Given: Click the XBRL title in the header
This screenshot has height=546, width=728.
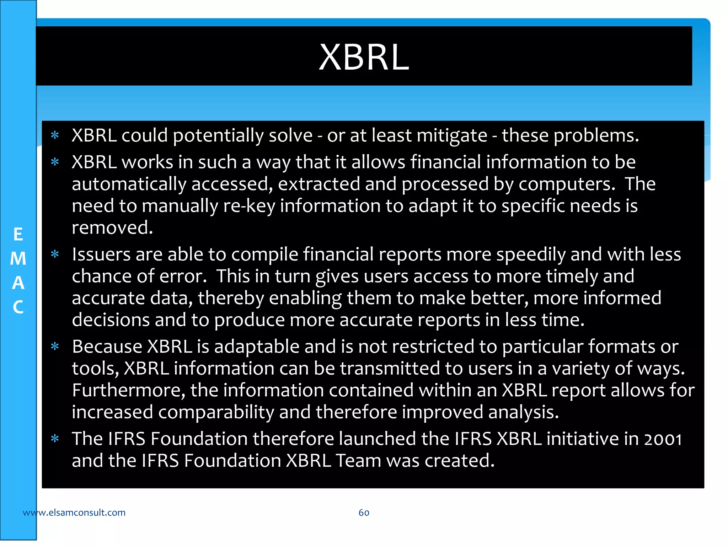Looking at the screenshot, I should (x=364, y=57).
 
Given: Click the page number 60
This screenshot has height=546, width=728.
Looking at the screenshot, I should (x=364, y=513).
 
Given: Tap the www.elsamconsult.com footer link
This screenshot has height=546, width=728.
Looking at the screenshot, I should (x=74, y=513).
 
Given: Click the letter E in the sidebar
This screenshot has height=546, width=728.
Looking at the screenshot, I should (x=18, y=235).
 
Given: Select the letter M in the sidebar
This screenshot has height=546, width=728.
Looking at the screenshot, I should (x=18, y=258).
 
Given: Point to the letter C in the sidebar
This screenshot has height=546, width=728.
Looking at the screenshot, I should (x=18, y=307).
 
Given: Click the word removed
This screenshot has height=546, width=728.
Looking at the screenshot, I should (x=112, y=228).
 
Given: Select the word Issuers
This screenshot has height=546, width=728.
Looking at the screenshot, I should (x=101, y=255).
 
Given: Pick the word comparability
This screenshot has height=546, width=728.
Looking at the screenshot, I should (x=216, y=412).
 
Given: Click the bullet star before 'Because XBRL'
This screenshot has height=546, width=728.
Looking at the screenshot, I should (x=55, y=347).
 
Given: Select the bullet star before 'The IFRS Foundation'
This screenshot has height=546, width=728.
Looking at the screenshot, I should (x=55, y=439).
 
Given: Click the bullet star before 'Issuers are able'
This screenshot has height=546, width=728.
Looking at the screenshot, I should (x=55, y=255).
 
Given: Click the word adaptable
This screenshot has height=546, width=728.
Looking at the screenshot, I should (x=257, y=347).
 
